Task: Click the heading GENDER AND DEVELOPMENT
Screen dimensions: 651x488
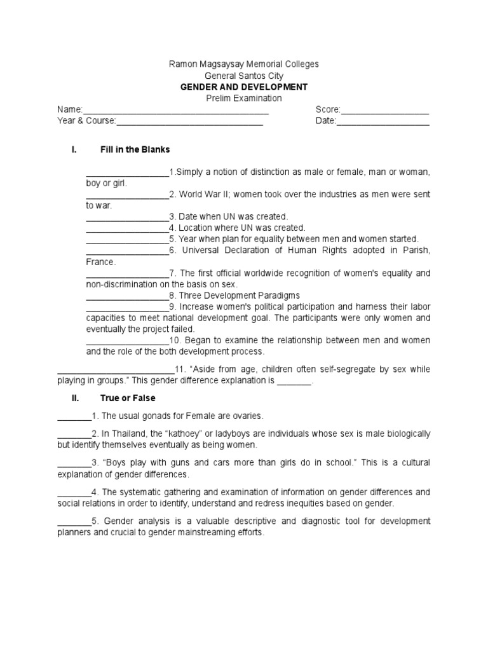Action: (243, 87)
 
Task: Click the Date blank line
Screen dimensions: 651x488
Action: (383, 121)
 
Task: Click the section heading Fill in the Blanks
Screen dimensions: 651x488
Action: (135, 150)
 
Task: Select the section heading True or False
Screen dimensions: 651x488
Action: (128, 398)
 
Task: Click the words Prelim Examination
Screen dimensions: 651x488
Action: (243, 99)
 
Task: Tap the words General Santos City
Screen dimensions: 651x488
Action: (243, 76)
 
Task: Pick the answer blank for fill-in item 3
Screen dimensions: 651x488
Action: (127, 217)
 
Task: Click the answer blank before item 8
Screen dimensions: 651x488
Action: (127, 296)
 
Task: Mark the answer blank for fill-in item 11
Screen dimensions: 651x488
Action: (116, 370)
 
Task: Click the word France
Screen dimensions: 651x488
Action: (100, 262)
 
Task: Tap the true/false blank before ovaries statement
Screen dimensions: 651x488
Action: (74, 416)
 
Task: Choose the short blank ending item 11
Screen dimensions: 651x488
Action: (294, 382)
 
